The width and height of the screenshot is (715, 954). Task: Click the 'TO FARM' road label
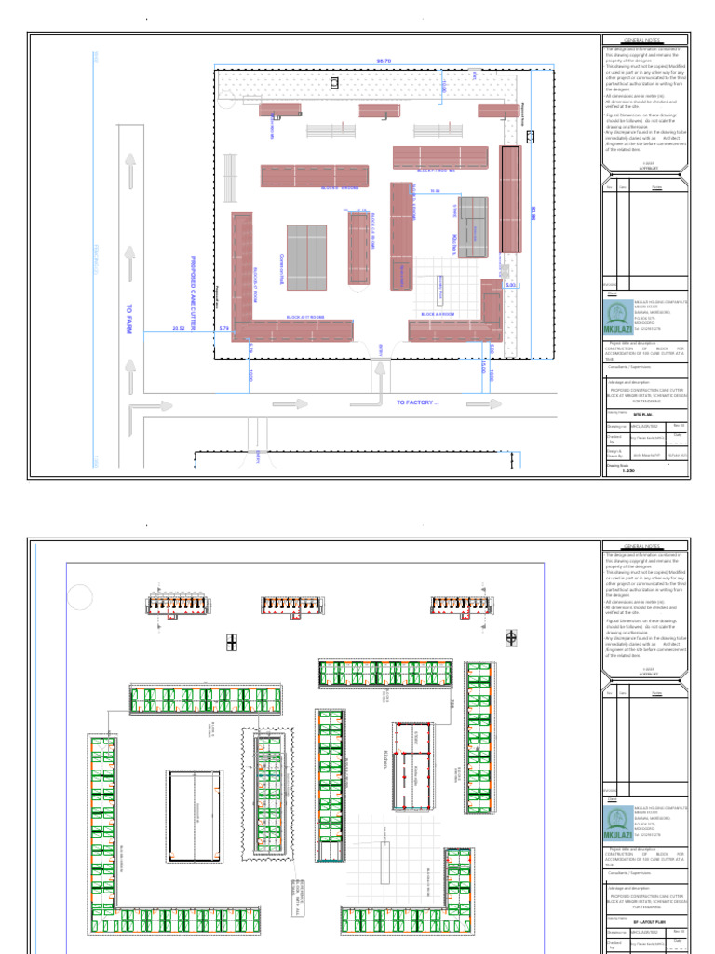(131, 319)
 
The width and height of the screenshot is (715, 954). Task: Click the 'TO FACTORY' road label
(416, 402)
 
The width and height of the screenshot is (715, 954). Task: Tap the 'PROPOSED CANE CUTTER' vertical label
(194, 290)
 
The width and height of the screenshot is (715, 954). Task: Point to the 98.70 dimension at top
(384, 61)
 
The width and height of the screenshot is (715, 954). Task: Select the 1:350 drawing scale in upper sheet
(627, 470)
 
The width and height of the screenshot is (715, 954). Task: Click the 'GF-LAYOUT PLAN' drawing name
(646, 920)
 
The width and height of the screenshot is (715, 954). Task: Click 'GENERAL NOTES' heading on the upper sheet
(645, 42)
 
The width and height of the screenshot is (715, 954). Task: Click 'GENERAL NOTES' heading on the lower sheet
(645, 547)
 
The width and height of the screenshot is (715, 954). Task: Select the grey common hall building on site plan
(306, 257)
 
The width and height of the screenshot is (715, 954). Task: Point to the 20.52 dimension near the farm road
(179, 328)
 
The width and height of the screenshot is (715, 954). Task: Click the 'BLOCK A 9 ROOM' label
(437, 315)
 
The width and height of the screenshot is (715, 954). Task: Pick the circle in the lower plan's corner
(81, 595)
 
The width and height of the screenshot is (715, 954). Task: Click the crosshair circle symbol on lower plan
(511, 637)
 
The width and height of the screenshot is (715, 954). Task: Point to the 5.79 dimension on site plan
(223, 328)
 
